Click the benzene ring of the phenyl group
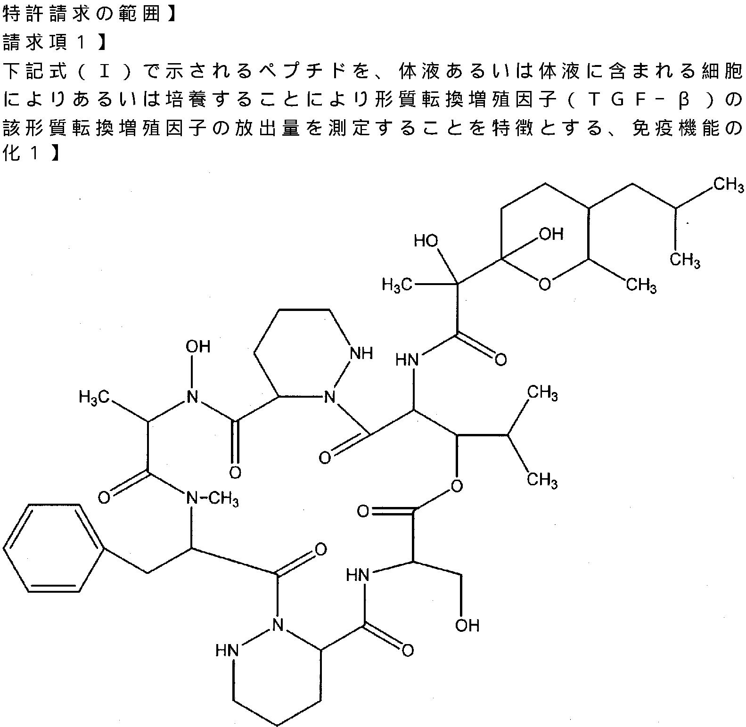pyautogui.click(x=53, y=548)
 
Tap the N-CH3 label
pyautogui.click(x=213, y=499)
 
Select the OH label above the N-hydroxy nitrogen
pyautogui.click(x=197, y=347)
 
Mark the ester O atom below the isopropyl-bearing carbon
pyautogui.click(x=456, y=485)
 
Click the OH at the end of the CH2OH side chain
pyautogui.click(x=467, y=625)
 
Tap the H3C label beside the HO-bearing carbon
pyautogui.click(x=397, y=284)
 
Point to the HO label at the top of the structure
pyautogui.click(x=426, y=241)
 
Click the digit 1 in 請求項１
pyautogui.click(x=81, y=43)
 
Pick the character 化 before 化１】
pyautogui.click(x=12, y=155)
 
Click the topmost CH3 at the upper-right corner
pyautogui.click(x=728, y=184)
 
